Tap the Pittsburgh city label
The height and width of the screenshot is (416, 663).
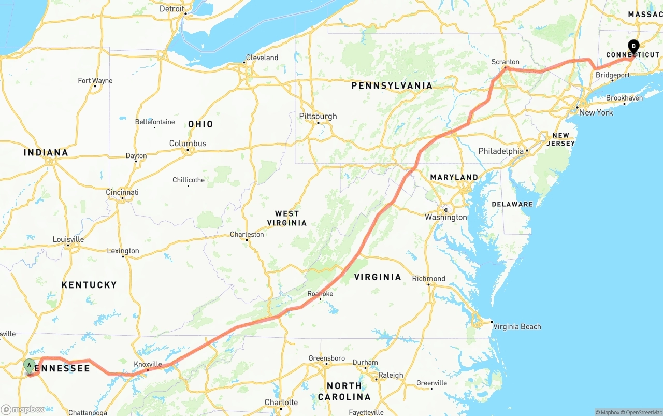[318, 117]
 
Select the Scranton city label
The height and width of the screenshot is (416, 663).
[505, 62]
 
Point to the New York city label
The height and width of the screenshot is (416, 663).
[596, 112]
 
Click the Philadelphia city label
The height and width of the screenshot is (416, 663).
[501, 151]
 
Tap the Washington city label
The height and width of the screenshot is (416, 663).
[445, 217]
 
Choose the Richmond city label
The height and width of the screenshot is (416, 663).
[428, 279]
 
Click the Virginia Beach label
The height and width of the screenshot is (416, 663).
[517, 327]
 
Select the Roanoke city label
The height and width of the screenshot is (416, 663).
[320, 294]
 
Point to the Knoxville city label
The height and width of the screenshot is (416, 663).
[148, 364]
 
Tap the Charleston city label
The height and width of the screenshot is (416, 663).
[247, 235]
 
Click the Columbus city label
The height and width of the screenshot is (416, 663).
[188, 144]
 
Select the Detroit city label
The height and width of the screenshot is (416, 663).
[171, 9]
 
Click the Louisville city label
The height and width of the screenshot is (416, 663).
[68, 239]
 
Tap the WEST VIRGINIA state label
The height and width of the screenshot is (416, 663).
[287, 218]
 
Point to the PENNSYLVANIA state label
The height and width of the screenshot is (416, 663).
[392, 85]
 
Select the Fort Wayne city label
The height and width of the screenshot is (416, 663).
[95, 81]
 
